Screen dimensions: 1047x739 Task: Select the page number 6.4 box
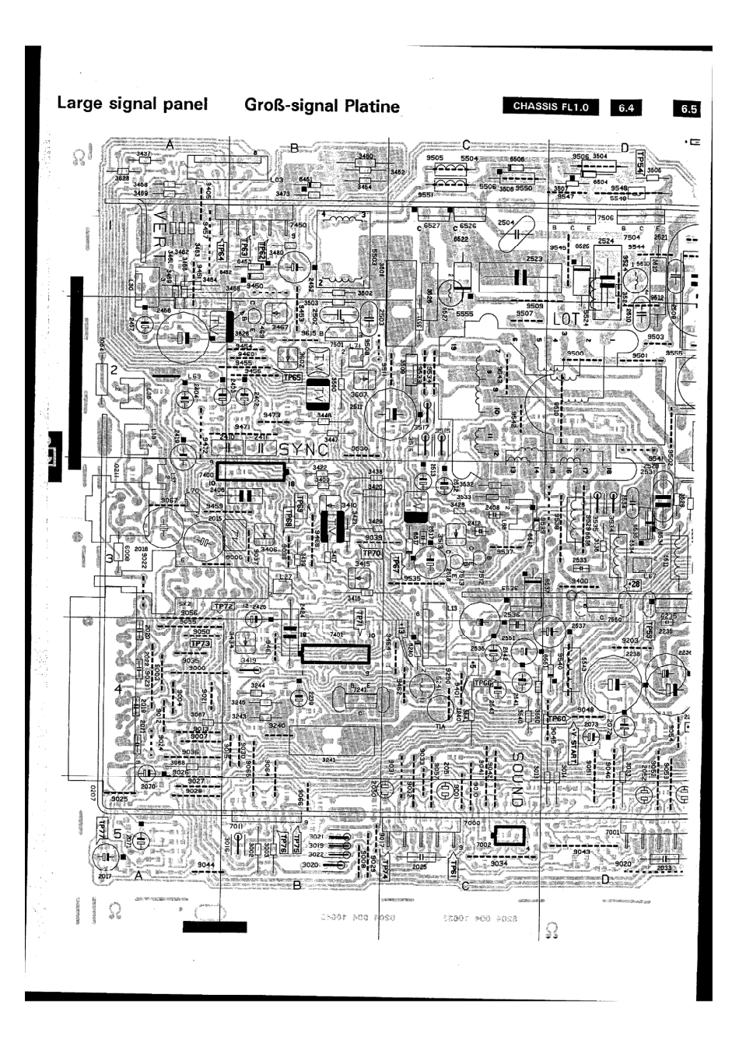[626, 109]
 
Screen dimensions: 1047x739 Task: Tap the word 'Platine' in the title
[363, 106]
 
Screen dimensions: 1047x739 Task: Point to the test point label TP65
[292, 378]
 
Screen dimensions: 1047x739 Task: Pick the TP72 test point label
[222, 606]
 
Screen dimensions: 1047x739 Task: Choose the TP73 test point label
[201, 644]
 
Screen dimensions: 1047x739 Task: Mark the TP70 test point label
[372, 553]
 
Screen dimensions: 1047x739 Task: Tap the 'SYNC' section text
[306, 450]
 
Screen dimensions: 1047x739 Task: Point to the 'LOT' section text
[566, 319]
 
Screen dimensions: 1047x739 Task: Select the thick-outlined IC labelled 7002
[510, 835]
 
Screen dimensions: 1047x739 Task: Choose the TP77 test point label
[101, 828]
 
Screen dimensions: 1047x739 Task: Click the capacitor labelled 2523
[519, 276]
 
